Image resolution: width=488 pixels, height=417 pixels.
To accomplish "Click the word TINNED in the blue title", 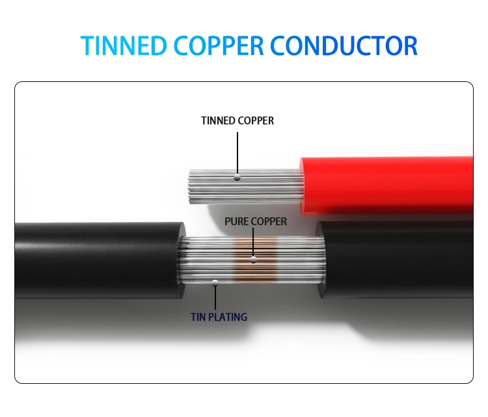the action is tap(124, 46).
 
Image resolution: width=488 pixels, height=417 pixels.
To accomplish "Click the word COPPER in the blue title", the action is tap(219, 46).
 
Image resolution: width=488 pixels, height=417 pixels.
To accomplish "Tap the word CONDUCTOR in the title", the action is tap(344, 46).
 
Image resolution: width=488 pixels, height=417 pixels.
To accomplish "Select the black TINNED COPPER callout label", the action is tap(237, 121).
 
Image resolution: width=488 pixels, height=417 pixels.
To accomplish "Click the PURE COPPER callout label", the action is tap(256, 222).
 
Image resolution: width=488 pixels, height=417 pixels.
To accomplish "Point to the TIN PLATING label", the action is tap(219, 317).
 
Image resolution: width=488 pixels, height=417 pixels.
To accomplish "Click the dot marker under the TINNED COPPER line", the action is tap(237, 178).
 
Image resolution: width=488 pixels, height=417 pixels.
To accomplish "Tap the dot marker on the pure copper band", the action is tap(253, 260).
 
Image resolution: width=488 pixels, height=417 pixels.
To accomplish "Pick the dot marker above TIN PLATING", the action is tap(215, 283).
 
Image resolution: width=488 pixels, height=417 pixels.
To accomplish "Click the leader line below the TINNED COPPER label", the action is tap(237, 153).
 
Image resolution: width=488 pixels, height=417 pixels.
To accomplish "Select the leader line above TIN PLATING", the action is tap(215, 298).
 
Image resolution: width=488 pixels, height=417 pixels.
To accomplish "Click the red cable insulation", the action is tap(386, 186).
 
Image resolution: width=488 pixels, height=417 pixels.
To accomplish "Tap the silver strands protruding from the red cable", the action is tap(246, 187).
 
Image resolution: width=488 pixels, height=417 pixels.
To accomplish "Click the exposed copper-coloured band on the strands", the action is tap(255, 260).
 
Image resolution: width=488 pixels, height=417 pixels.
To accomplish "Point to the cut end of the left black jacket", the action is tap(181, 260).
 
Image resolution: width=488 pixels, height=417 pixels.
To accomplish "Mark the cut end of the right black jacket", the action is tap(321, 260).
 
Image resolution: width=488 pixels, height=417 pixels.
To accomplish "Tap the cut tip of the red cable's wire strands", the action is tap(189, 187).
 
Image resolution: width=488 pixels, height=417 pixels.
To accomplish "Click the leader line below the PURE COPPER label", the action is tap(253, 243).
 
